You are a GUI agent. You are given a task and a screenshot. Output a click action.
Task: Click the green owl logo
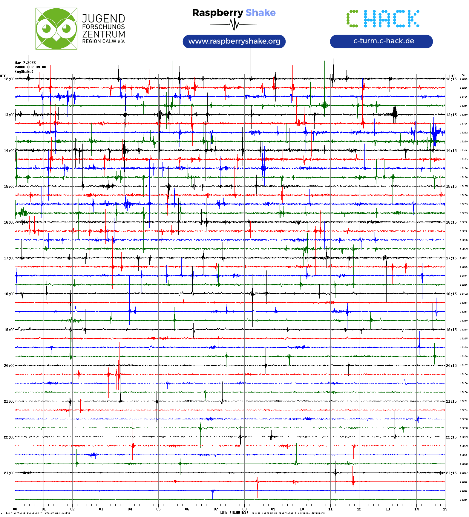coord(56,29)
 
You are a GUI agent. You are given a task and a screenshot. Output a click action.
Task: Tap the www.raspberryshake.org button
coord(234,41)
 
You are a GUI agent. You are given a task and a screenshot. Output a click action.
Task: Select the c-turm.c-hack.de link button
coord(381,41)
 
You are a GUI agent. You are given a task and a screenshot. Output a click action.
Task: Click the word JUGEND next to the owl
coord(103,19)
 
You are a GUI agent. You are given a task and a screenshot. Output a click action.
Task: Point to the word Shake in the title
coord(260,13)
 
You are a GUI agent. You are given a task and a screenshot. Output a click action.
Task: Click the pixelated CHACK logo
coord(383,19)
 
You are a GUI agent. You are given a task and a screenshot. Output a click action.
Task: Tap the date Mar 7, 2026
coord(25,63)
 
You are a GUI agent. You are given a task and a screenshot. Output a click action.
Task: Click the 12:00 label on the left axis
coord(9,79)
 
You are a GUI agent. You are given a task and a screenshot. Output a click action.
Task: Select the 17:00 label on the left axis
coord(9,258)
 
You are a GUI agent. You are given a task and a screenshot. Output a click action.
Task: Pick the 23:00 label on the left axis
coord(9,473)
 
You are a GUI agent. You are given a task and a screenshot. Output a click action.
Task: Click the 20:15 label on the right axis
coord(451,366)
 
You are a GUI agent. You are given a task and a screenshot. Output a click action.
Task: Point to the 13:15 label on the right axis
coord(451,115)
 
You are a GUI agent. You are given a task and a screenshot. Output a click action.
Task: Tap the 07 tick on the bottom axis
coord(216,509)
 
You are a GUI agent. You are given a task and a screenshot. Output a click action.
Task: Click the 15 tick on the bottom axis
coord(445,509)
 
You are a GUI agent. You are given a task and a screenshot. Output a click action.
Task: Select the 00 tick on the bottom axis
coord(15,509)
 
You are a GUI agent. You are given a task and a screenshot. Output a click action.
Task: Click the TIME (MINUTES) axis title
coord(234,513)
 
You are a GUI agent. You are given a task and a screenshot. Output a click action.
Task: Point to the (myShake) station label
coord(24,72)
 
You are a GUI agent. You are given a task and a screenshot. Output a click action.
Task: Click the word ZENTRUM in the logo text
coord(104,34)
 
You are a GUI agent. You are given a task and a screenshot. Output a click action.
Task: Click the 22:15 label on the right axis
coord(451,437)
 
